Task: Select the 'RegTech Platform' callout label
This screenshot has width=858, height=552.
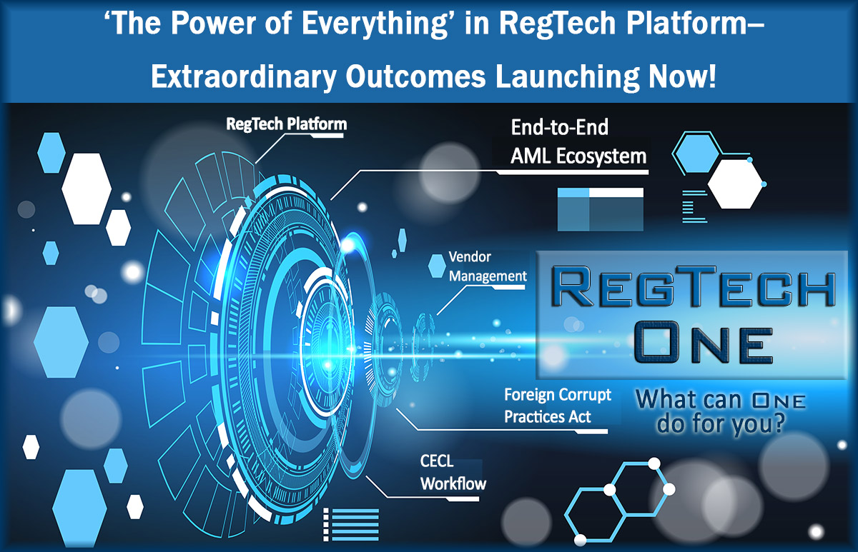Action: pos(286,124)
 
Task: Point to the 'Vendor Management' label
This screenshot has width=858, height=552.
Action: pos(487,266)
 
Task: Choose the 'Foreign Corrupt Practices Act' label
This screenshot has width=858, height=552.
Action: pos(558,405)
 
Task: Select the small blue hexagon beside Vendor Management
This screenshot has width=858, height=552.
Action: pos(437,266)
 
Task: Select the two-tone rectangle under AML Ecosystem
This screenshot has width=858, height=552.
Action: pos(600,209)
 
